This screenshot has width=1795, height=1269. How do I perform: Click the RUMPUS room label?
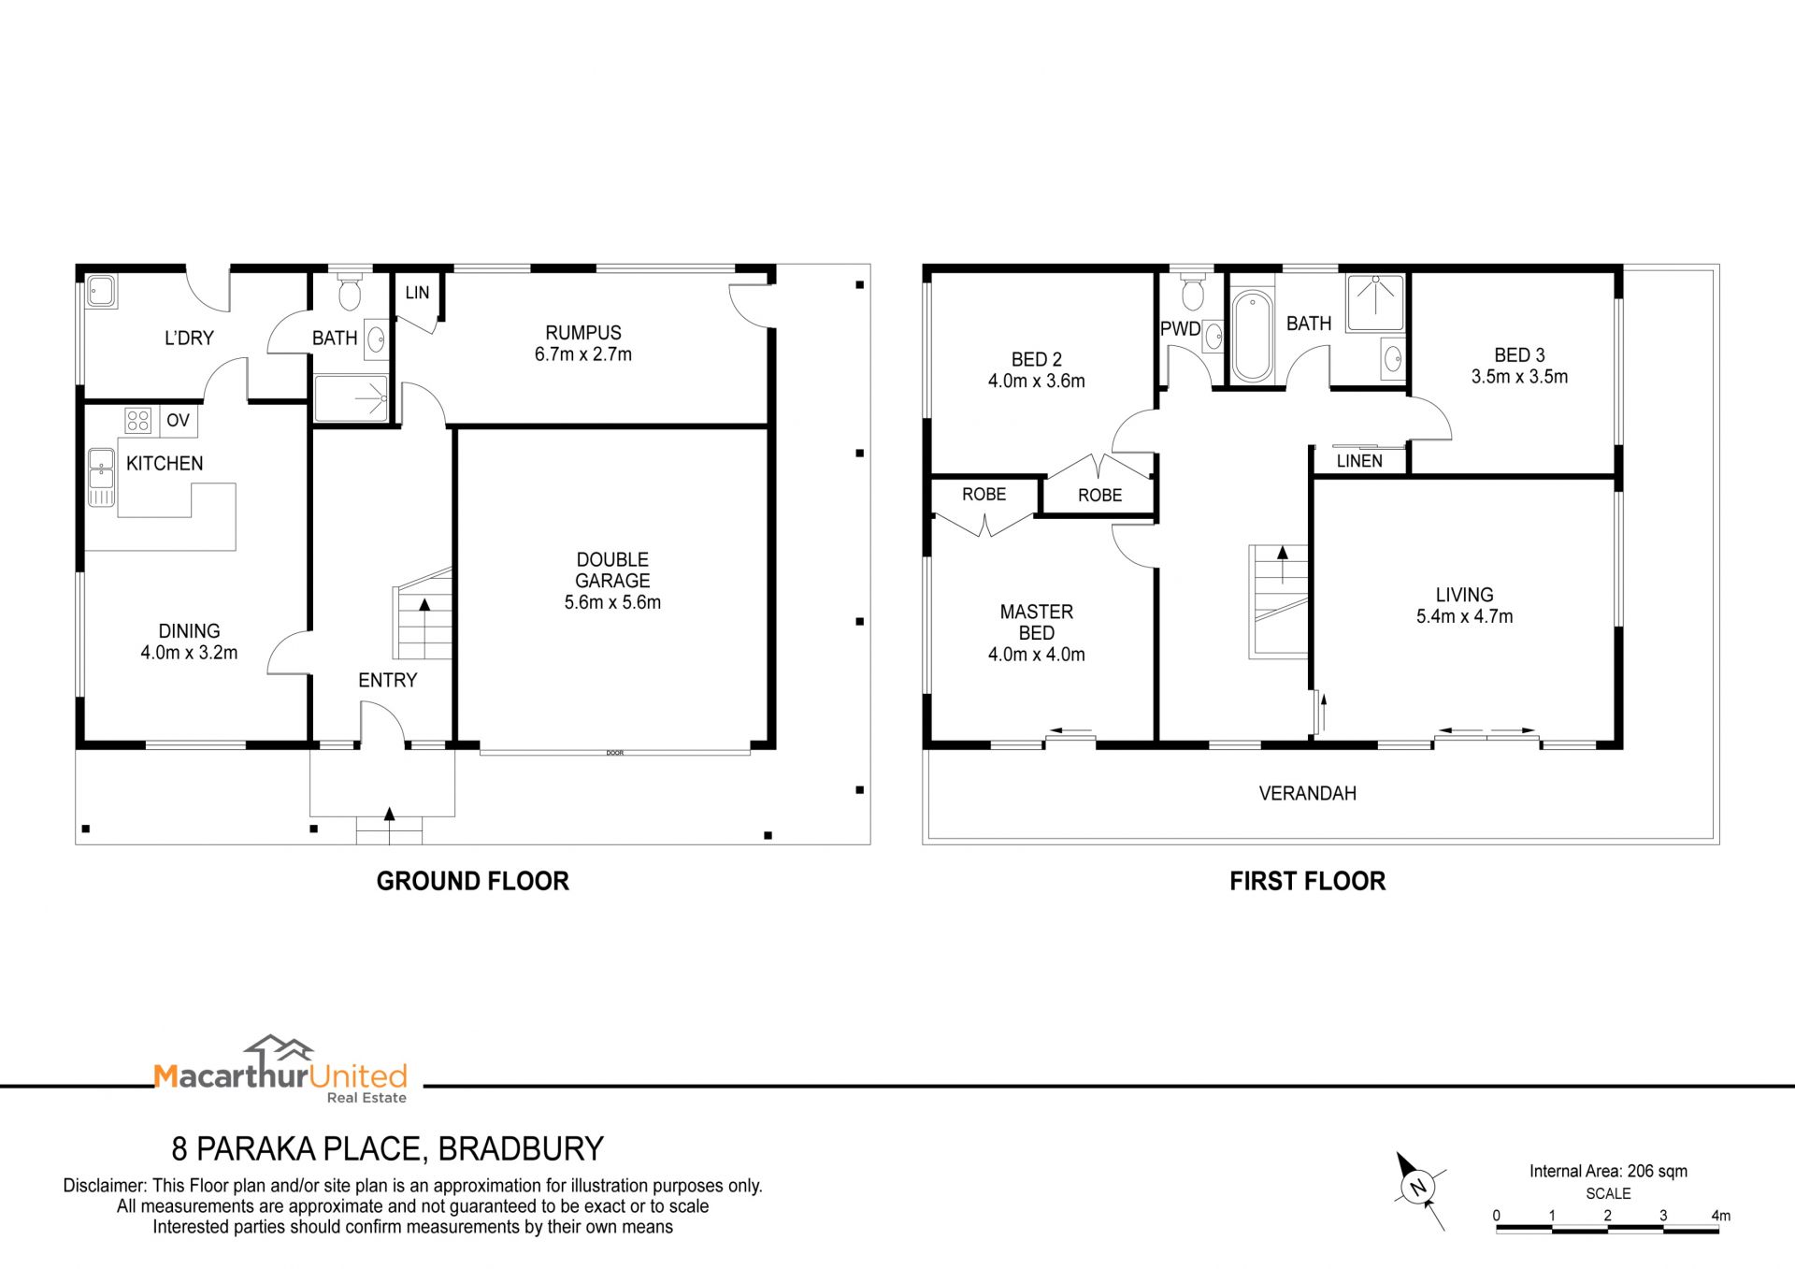(x=583, y=333)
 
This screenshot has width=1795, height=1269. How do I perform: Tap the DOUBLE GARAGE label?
(x=612, y=570)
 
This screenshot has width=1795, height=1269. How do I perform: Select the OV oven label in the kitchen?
(x=178, y=421)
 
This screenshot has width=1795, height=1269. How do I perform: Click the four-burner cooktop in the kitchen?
(x=138, y=421)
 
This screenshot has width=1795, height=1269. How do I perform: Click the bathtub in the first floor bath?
(x=1251, y=337)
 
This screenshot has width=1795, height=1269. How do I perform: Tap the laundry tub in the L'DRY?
(x=100, y=291)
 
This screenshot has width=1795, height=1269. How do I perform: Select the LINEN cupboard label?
(x=1359, y=461)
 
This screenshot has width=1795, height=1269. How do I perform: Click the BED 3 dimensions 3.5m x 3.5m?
(x=1519, y=377)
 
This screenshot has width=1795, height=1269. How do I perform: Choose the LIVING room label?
(x=1464, y=595)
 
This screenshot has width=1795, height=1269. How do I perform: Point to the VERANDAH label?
(x=1307, y=794)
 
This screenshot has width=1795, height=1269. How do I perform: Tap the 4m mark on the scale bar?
(x=1720, y=1216)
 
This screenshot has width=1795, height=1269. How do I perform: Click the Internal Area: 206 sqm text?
(x=1608, y=1171)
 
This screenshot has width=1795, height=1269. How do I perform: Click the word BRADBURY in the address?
(x=521, y=1148)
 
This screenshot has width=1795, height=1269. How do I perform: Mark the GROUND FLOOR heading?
(x=472, y=881)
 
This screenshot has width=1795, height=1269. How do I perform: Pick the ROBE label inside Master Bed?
(x=984, y=494)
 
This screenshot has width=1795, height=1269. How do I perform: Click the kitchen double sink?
(x=101, y=477)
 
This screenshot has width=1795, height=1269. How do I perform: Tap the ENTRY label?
(x=387, y=681)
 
